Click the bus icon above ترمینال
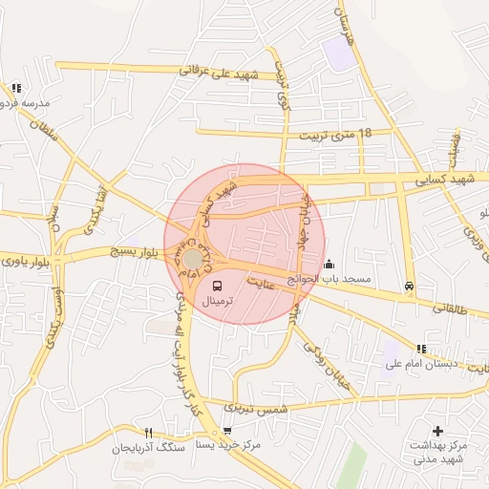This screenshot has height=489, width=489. coord(216,286)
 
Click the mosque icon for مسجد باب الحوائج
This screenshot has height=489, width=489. coord(330,265)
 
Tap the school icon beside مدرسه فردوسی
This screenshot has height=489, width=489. coord(16,88)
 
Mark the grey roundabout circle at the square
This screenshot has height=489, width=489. coord(194,259)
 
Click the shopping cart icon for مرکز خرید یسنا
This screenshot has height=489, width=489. coord(227,431)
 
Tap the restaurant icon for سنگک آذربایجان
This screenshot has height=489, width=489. coord(148,433)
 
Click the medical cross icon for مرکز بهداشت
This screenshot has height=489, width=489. coord(438,432)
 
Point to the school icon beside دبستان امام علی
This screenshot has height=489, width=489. coord(421,349)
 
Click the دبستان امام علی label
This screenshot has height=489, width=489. coord(422,364)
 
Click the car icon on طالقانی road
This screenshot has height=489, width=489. coord(410,286)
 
